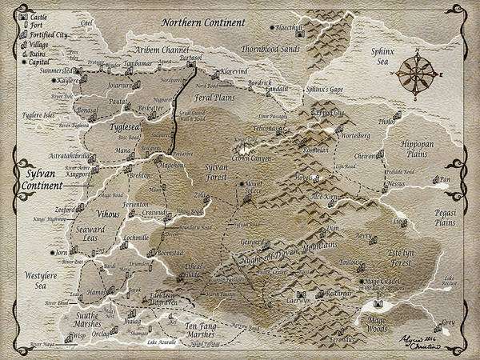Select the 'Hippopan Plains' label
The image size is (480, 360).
pyautogui.click(x=416, y=150)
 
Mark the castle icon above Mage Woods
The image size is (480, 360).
pyautogui.click(x=377, y=304)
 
